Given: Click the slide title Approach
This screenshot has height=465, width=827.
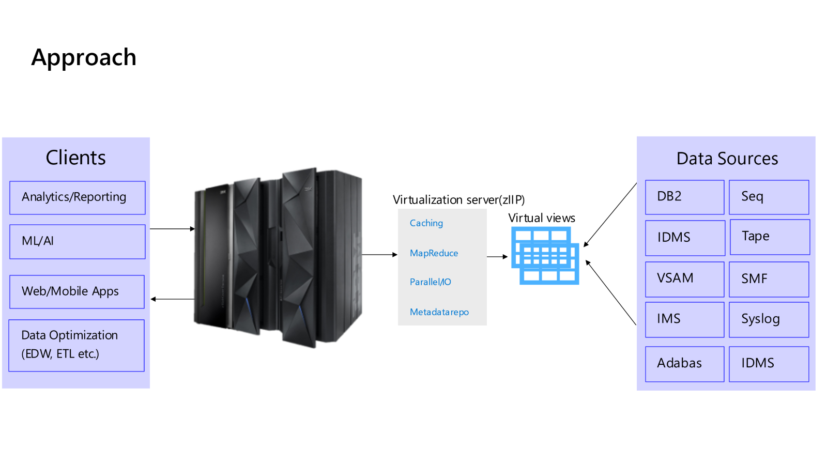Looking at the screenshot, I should tap(84, 57).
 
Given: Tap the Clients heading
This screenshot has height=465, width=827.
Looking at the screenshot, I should tap(75, 158).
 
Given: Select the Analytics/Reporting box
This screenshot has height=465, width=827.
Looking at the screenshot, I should tap(77, 197).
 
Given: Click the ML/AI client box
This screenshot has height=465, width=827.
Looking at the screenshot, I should tap(77, 241).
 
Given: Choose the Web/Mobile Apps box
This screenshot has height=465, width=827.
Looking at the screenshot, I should tap(76, 291).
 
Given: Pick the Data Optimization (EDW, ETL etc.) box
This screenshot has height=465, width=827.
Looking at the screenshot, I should tap(76, 345).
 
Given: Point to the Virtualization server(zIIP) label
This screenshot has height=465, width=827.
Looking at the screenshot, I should tap(458, 200).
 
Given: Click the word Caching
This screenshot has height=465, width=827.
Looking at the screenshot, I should tap(426, 223).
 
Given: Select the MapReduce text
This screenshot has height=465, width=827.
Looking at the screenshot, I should tap(434, 253).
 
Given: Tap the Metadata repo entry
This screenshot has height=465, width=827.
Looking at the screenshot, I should tap(439, 312).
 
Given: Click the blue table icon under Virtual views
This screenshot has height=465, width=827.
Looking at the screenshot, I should tap(545, 256).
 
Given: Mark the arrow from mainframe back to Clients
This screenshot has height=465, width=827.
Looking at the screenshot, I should tap(173, 299).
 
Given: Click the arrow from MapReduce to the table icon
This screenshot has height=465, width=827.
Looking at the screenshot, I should tap(497, 256).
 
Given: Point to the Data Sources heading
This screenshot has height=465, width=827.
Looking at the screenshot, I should tap(727, 159).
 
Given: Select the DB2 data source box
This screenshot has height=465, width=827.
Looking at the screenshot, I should tap(684, 197).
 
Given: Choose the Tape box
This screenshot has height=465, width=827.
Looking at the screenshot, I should tap(770, 237).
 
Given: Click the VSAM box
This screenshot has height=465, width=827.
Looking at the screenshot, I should tap(684, 279).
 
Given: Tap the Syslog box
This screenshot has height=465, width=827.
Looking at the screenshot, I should tap(769, 319).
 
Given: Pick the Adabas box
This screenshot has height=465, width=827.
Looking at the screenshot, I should tap(684, 364).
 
